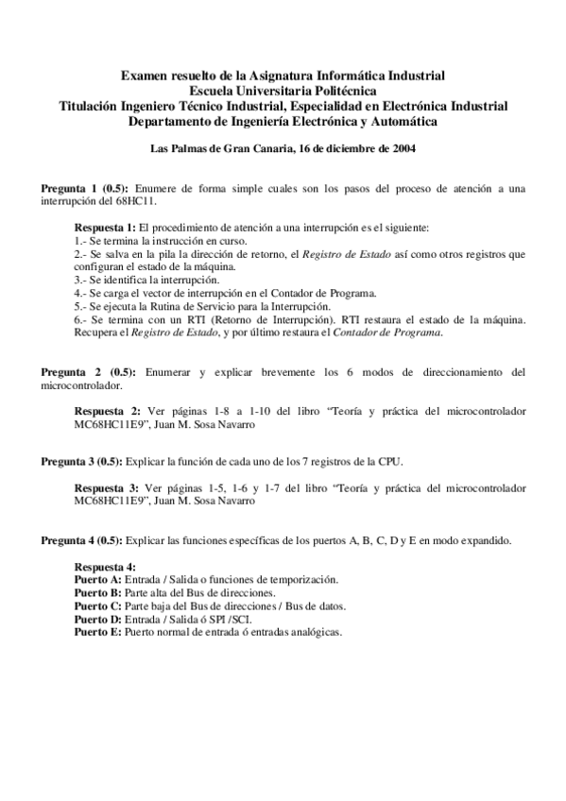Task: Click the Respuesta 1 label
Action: [x=105, y=229]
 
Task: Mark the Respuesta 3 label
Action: [x=105, y=490]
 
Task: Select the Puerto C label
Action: [x=97, y=605]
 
